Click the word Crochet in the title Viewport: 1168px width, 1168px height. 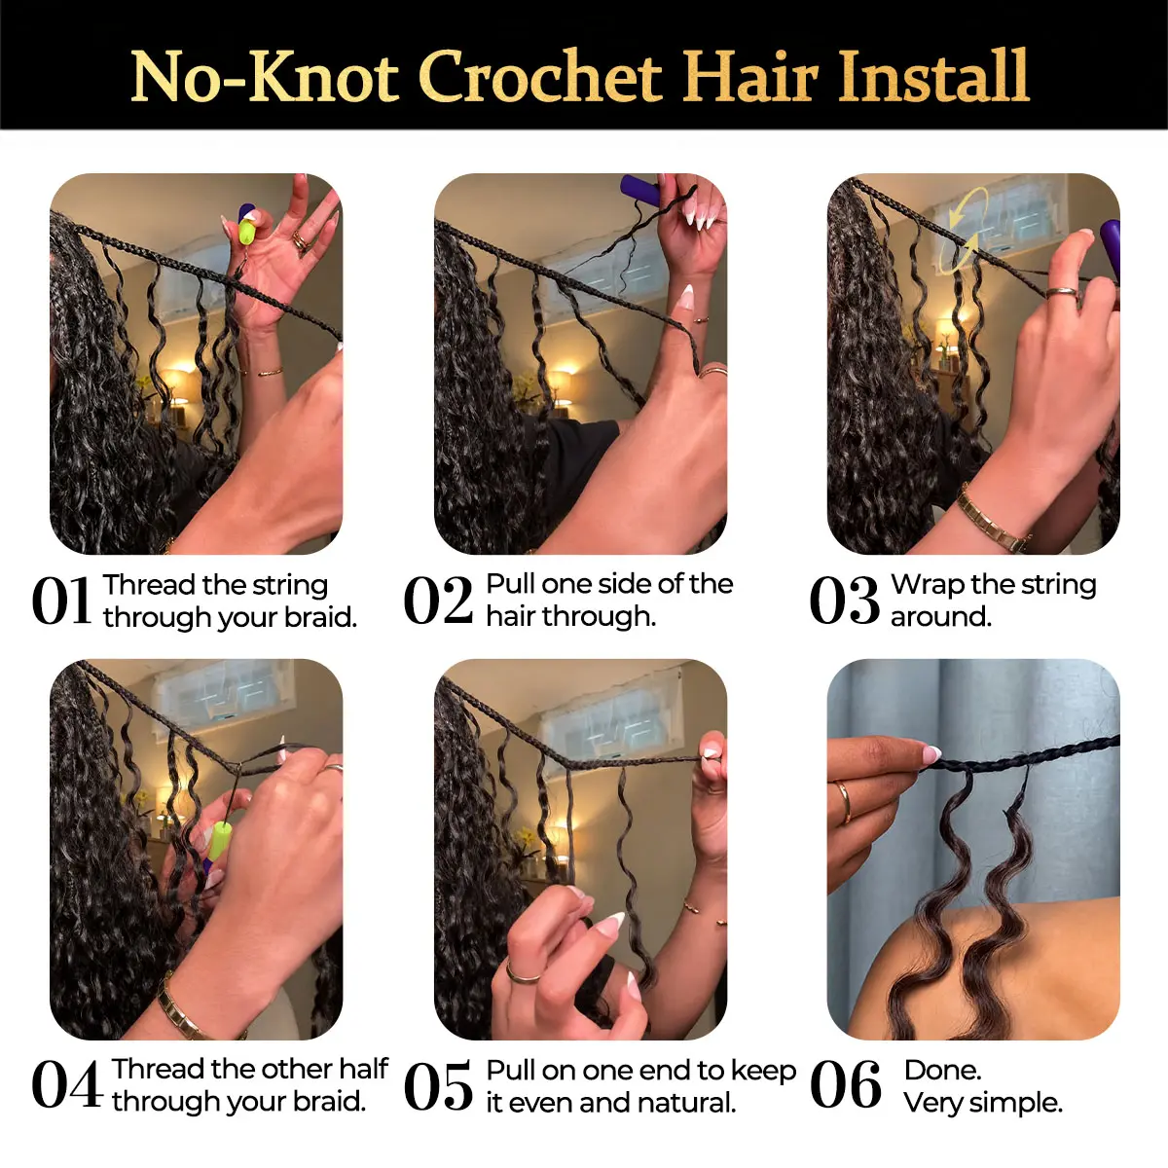coord(539,79)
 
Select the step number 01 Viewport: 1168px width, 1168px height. coord(62,601)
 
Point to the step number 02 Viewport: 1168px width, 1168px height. coord(438,601)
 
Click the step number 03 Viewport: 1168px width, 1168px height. coord(844,601)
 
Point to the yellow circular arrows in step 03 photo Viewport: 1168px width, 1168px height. coord(964,229)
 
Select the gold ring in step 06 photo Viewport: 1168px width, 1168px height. coord(843,802)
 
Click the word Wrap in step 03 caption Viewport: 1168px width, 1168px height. coord(928,586)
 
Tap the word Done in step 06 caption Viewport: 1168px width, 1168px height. coord(942,1071)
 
